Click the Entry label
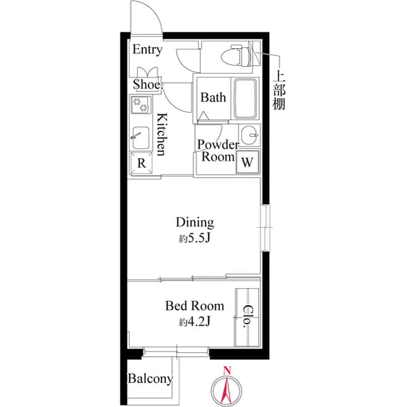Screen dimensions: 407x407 pyautogui.click(x=147, y=50)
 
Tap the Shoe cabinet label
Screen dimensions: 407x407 pyautogui.click(x=146, y=84)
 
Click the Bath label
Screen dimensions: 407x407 pyautogui.click(x=213, y=98)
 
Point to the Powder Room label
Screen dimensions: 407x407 pyautogui.click(x=217, y=151)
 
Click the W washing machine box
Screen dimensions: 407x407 pyautogui.click(x=247, y=162)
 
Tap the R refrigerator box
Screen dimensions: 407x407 pyautogui.click(x=141, y=162)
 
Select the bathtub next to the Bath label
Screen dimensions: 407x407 pyautogui.click(x=245, y=99)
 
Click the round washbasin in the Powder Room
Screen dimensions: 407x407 pyautogui.click(x=252, y=135)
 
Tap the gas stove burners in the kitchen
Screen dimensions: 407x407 pyautogui.click(x=139, y=102)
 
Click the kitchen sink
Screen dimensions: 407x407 pyautogui.click(x=139, y=136)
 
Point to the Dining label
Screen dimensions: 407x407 pyautogui.click(x=195, y=223)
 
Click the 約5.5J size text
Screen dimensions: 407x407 pyautogui.click(x=196, y=239)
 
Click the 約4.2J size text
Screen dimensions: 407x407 pyautogui.click(x=195, y=322)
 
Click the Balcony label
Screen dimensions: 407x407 pyautogui.click(x=150, y=379)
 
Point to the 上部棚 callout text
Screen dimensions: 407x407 pyautogui.click(x=279, y=90)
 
